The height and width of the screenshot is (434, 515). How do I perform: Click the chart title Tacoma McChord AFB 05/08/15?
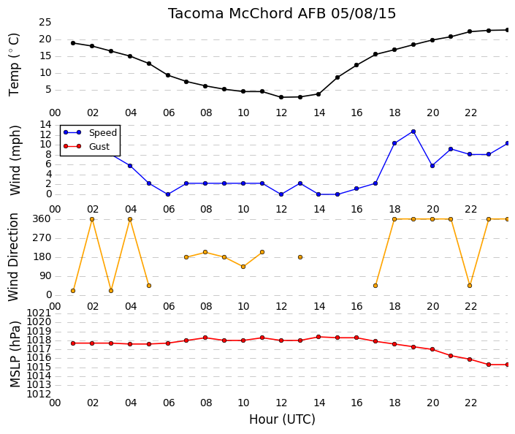pos(282,14)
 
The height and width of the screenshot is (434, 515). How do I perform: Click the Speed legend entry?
pos(90,132)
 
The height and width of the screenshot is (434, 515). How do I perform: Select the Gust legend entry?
pos(86,146)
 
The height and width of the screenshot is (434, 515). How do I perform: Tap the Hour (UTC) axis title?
pos(282,419)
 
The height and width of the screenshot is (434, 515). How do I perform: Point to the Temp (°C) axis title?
pos(14,64)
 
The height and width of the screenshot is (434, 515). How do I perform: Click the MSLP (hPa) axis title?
pos(15,354)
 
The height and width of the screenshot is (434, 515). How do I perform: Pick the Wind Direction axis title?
pos(13,257)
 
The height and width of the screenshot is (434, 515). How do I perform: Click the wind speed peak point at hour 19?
pos(413,132)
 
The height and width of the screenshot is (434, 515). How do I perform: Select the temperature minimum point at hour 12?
pos(281,97)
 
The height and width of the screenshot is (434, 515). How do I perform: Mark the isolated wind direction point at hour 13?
pos(300,257)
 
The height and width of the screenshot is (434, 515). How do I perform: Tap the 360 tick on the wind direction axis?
pos(42,218)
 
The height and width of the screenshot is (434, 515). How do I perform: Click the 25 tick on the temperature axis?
pos(45,23)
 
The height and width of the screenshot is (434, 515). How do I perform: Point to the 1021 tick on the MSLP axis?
pos(39,313)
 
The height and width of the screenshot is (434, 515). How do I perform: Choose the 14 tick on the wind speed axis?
pos(45,124)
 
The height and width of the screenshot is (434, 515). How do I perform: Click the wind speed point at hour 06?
pos(168,194)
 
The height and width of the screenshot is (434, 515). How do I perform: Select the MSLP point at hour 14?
pos(318,337)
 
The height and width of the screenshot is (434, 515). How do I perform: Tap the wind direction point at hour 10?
pos(243,267)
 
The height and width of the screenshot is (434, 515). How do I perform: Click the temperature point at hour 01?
pos(73,43)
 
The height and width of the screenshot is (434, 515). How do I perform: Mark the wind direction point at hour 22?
pos(470,286)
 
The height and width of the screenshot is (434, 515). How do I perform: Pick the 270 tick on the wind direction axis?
pos(42,238)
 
